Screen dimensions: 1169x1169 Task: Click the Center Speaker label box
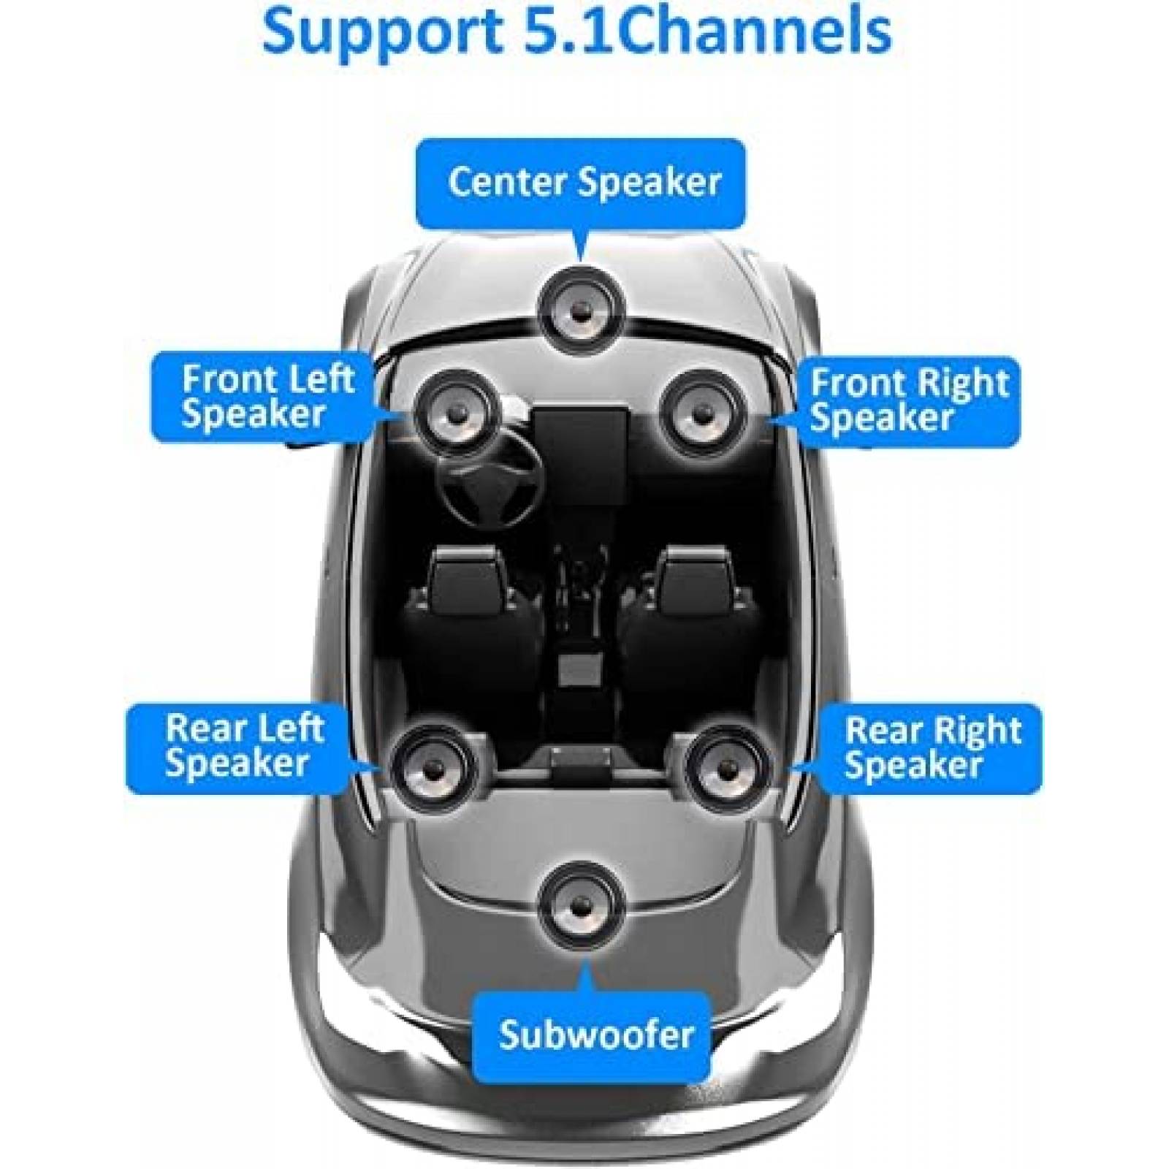[x=581, y=183]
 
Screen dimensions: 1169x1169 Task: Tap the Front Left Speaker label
[x=267, y=398]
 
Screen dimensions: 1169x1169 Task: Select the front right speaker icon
[x=701, y=413]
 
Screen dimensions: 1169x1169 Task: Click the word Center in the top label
[x=509, y=183]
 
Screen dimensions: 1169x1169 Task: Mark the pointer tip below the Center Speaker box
[x=582, y=257]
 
